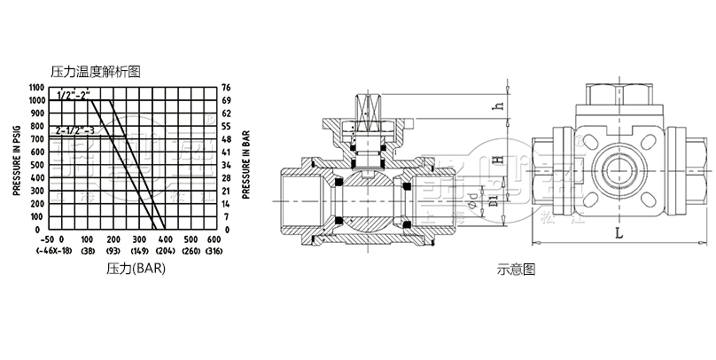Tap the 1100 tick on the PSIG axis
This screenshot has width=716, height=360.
(x=35, y=87)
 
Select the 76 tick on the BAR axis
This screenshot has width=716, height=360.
(x=226, y=87)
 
